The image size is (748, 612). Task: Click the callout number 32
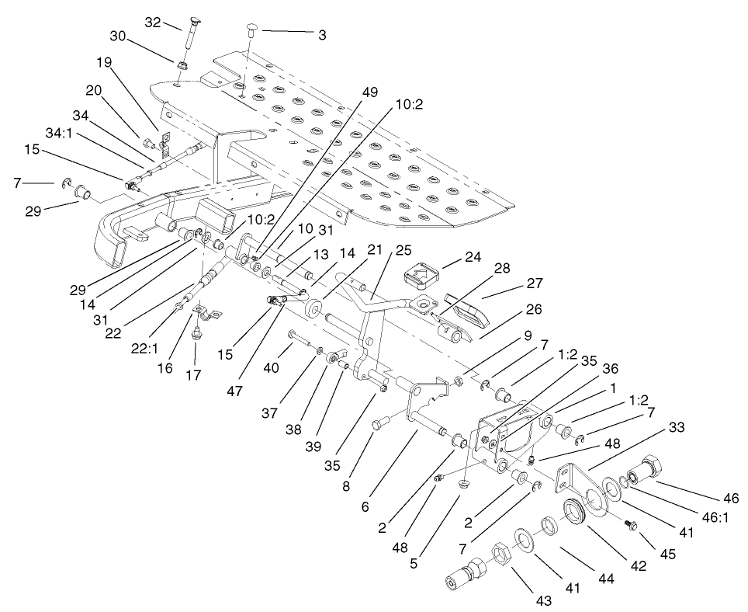point(151,23)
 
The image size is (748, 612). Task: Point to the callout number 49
point(370,92)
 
